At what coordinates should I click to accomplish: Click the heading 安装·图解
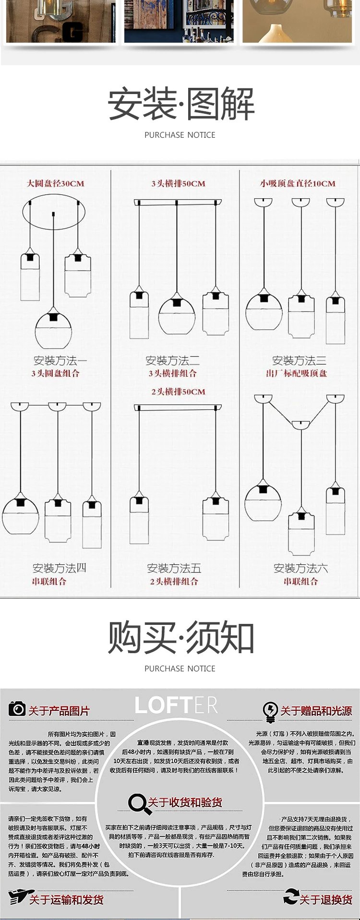pyautogui.click(x=180, y=104)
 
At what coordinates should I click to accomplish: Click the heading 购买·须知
pyautogui.click(x=180, y=637)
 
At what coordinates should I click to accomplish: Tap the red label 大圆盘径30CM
pyautogui.click(x=55, y=183)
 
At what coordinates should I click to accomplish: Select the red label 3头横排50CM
pyautogui.click(x=178, y=183)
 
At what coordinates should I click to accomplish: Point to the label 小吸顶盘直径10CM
pyautogui.click(x=298, y=183)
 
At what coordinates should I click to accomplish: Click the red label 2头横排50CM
pyautogui.click(x=178, y=392)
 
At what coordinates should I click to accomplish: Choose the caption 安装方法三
pyautogui.click(x=299, y=360)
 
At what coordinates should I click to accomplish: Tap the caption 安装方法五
pyautogui.click(x=174, y=569)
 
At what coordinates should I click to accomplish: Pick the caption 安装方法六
pyautogui.click(x=300, y=569)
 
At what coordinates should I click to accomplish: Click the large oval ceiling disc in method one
pyautogui.click(x=54, y=211)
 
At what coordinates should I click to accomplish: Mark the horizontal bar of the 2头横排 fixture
pyautogui.click(x=178, y=407)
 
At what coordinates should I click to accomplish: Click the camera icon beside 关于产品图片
pyautogui.click(x=17, y=708)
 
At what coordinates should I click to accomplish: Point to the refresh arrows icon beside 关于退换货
pyautogui.click(x=291, y=896)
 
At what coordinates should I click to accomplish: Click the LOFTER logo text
pyautogui.click(x=176, y=705)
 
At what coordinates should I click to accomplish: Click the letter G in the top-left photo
pyautogui.click(x=73, y=33)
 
